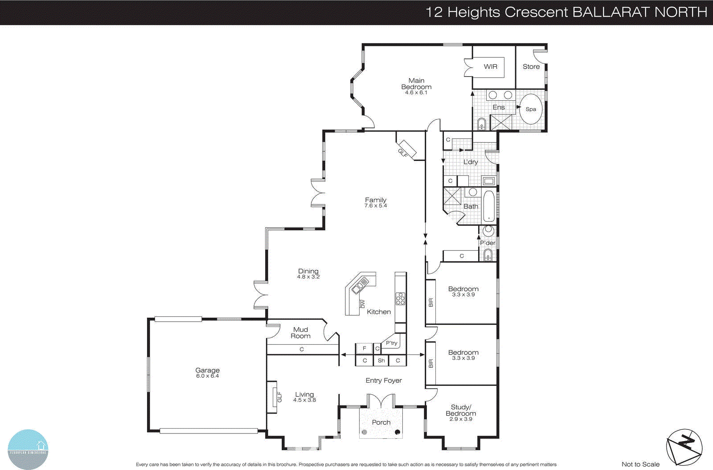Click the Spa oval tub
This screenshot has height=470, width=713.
point(531,109)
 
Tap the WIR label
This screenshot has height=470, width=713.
point(491,66)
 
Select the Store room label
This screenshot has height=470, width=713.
point(531,66)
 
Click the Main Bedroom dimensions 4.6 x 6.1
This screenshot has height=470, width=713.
point(416,93)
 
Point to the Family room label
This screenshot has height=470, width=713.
point(376,200)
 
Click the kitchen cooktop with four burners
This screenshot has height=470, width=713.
point(400,298)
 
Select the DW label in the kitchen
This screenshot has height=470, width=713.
point(362,304)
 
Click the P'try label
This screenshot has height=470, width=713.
point(392,343)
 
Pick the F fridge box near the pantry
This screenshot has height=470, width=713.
point(364,348)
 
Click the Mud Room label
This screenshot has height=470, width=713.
point(301,333)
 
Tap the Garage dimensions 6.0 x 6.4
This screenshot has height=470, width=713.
point(207,376)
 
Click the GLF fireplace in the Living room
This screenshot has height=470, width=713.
point(272,396)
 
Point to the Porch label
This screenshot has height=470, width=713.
point(381,422)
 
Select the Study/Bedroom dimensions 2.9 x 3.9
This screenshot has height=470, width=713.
point(461,419)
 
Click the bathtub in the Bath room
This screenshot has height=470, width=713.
point(489,207)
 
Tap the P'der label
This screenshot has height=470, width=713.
point(488,243)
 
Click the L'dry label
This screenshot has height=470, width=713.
point(471,162)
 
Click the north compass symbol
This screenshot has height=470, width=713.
point(684,447)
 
